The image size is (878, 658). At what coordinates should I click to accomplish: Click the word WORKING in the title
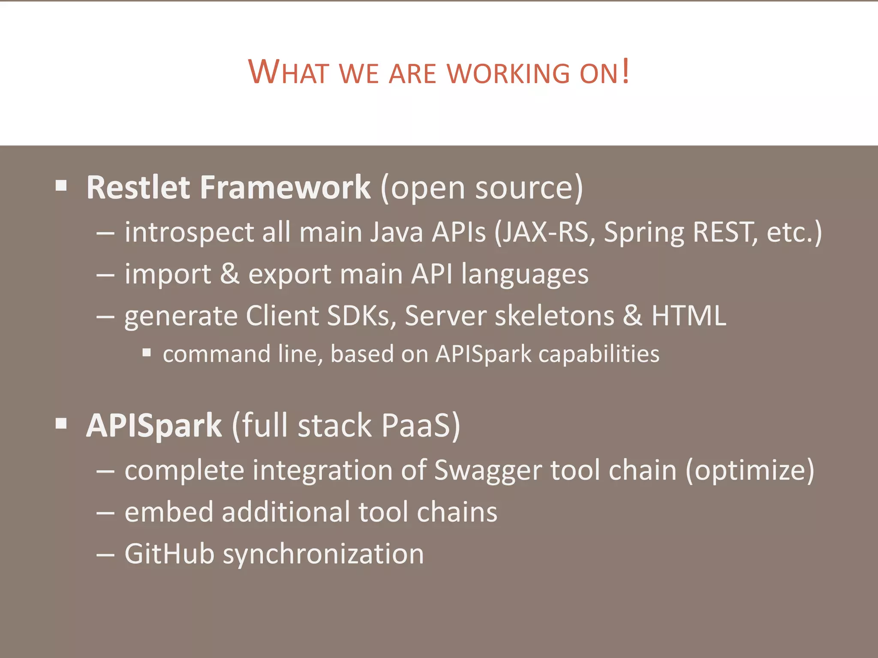pyautogui.click(x=508, y=73)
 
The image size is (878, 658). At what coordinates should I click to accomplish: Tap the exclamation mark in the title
pyautogui.click(x=626, y=71)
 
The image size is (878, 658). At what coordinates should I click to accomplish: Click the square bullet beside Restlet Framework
pyautogui.click(x=61, y=185)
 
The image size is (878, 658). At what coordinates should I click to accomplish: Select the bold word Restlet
pyautogui.click(x=138, y=188)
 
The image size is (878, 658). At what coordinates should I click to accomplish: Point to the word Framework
pyautogui.click(x=285, y=188)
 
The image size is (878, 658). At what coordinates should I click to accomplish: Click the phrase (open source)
pyautogui.click(x=481, y=188)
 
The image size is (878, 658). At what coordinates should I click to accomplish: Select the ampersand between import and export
pyautogui.click(x=230, y=274)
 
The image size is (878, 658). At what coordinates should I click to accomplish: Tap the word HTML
pyautogui.click(x=689, y=316)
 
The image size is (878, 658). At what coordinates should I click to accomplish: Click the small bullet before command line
pyautogui.click(x=147, y=353)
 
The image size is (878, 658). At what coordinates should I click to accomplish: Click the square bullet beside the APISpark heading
pyautogui.click(x=61, y=424)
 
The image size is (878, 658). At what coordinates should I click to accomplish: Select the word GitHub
pyautogui.click(x=169, y=553)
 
